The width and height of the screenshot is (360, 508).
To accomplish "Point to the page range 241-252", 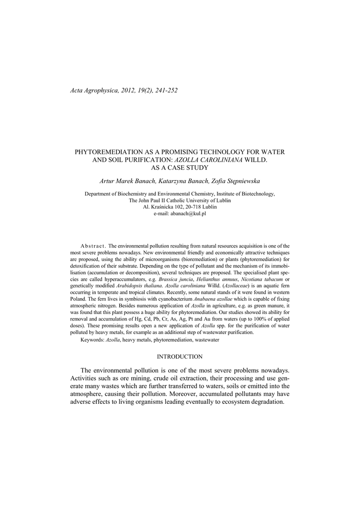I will point(162,90).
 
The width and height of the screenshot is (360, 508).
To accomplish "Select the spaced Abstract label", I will point(93,246).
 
